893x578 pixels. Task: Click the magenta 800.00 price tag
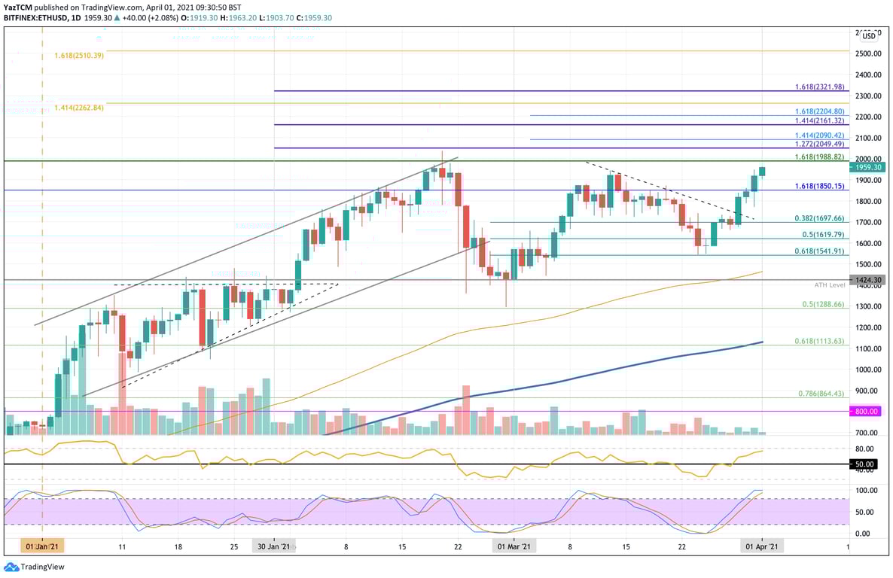coord(867,412)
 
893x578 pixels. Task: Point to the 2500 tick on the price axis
coord(868,54)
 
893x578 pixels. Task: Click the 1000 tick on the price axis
coord(868,370)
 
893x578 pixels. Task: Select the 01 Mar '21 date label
coord(514,547)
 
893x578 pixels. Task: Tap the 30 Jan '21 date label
coord(274,547)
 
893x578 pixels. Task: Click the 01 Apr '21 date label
coord(762,547)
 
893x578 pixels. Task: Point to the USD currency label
coord(869,35)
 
